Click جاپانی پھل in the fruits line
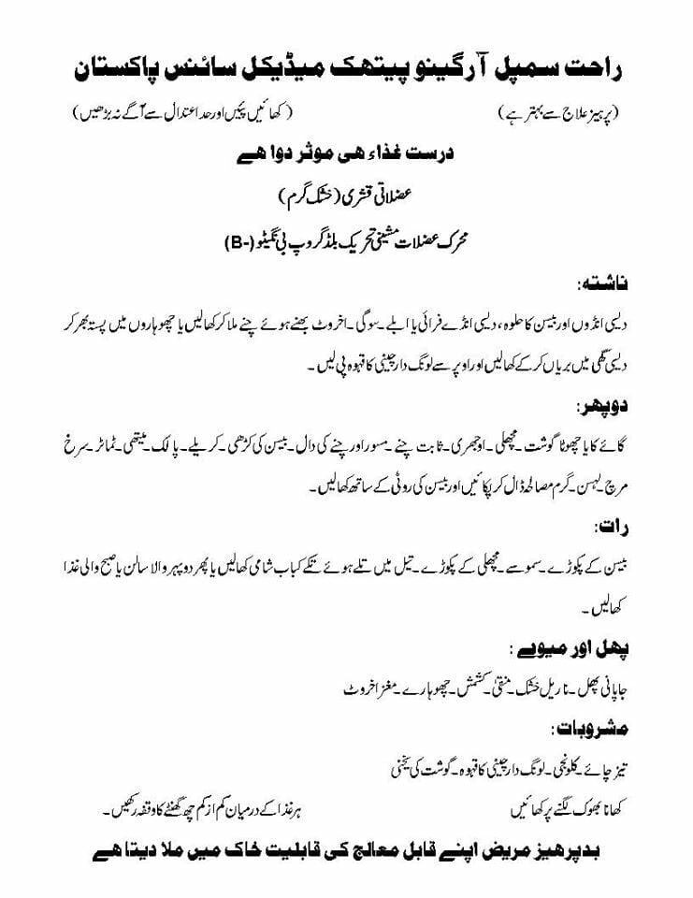[595, 690]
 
